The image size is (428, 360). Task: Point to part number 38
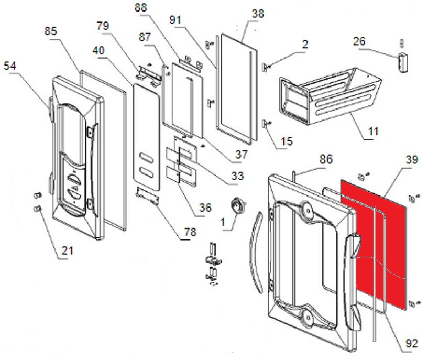point(258,14)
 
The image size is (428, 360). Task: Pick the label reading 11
point(372,131)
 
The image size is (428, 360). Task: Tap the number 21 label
point(67,251)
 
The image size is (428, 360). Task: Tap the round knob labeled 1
point(239,205)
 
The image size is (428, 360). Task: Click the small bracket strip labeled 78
point(147,197)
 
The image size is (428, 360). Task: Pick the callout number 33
point(237,177)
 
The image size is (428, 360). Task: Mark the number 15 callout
point(287,142)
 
